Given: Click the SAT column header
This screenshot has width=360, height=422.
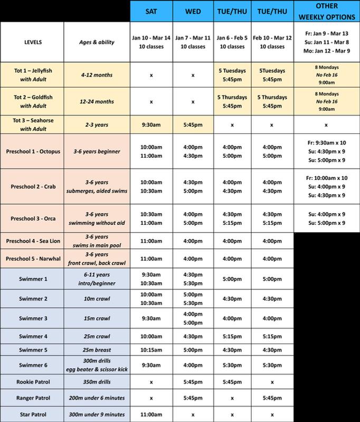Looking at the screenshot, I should [x=151, y=11].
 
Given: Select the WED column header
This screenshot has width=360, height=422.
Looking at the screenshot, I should [x=193, y=11].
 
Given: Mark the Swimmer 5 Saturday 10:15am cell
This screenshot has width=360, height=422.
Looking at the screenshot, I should [x=151, y=349].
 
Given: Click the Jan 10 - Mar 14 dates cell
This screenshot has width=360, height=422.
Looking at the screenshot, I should [x=151, y=43].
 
